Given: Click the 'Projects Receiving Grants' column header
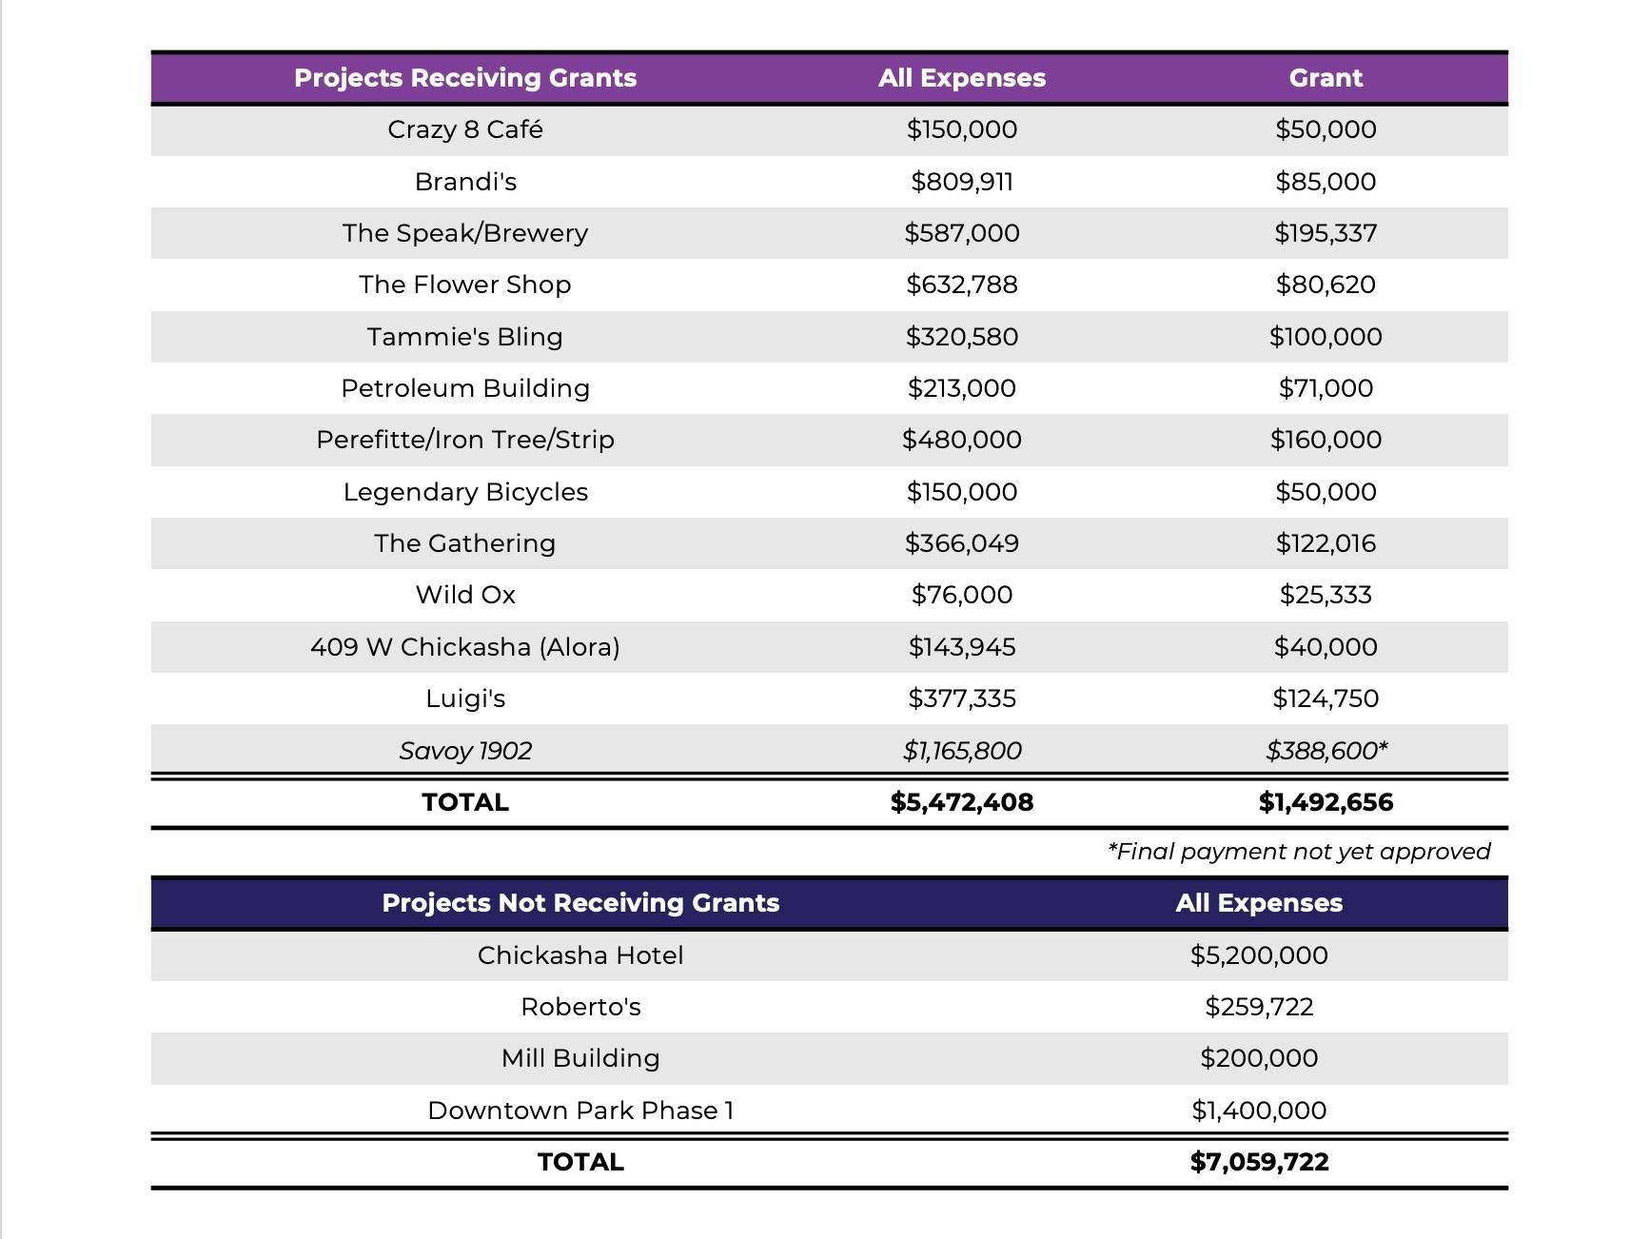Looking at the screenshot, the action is point(465,78).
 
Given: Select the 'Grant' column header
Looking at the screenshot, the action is point(1326,78).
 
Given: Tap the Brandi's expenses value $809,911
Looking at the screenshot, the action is point(962,182).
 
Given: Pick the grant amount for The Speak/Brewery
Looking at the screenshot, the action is point(1326,233).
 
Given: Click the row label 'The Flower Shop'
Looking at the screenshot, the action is point(465,285).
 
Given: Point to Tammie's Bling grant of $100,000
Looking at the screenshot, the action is point(1326,337).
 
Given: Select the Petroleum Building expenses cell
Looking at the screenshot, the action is point(962,388).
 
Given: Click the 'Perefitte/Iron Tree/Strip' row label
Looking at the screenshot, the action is point(465,440).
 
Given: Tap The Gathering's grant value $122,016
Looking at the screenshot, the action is point(1326,543).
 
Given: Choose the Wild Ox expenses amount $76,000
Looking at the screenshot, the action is point(962,595).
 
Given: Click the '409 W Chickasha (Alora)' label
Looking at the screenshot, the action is point(465,647).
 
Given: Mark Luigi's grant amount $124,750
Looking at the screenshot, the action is point(1326,698).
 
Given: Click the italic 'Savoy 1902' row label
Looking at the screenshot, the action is point(465,751).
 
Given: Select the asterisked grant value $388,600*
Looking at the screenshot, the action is point(1326,751).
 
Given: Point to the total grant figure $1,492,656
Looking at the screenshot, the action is point(1326,802).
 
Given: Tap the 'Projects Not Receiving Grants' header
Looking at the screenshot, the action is point(580,903).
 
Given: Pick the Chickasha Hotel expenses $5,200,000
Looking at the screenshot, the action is point(1259,955).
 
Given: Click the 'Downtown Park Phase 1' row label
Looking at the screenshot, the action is point(580,1111).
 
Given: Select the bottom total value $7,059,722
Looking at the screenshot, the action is point(1259,1162).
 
